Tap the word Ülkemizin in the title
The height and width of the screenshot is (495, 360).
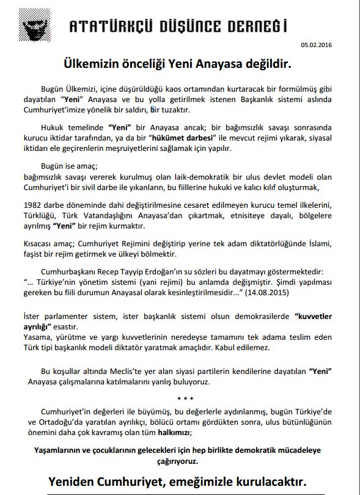[94, 62]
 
